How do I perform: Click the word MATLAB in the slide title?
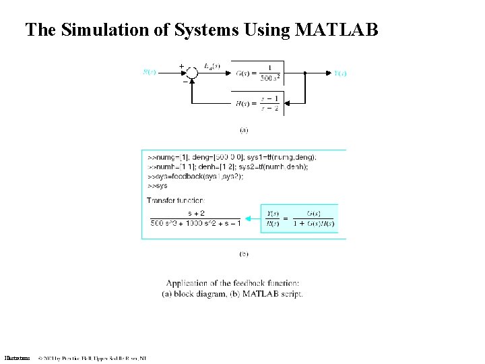337,30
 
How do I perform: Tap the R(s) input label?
149,72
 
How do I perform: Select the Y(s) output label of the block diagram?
340,73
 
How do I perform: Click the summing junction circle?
191,73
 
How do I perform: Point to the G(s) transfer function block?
259,73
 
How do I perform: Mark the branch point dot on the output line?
305,73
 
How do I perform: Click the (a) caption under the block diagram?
244,129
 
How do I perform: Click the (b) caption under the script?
244,254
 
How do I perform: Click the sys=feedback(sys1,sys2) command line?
195,176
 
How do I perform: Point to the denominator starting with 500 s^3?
195,223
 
